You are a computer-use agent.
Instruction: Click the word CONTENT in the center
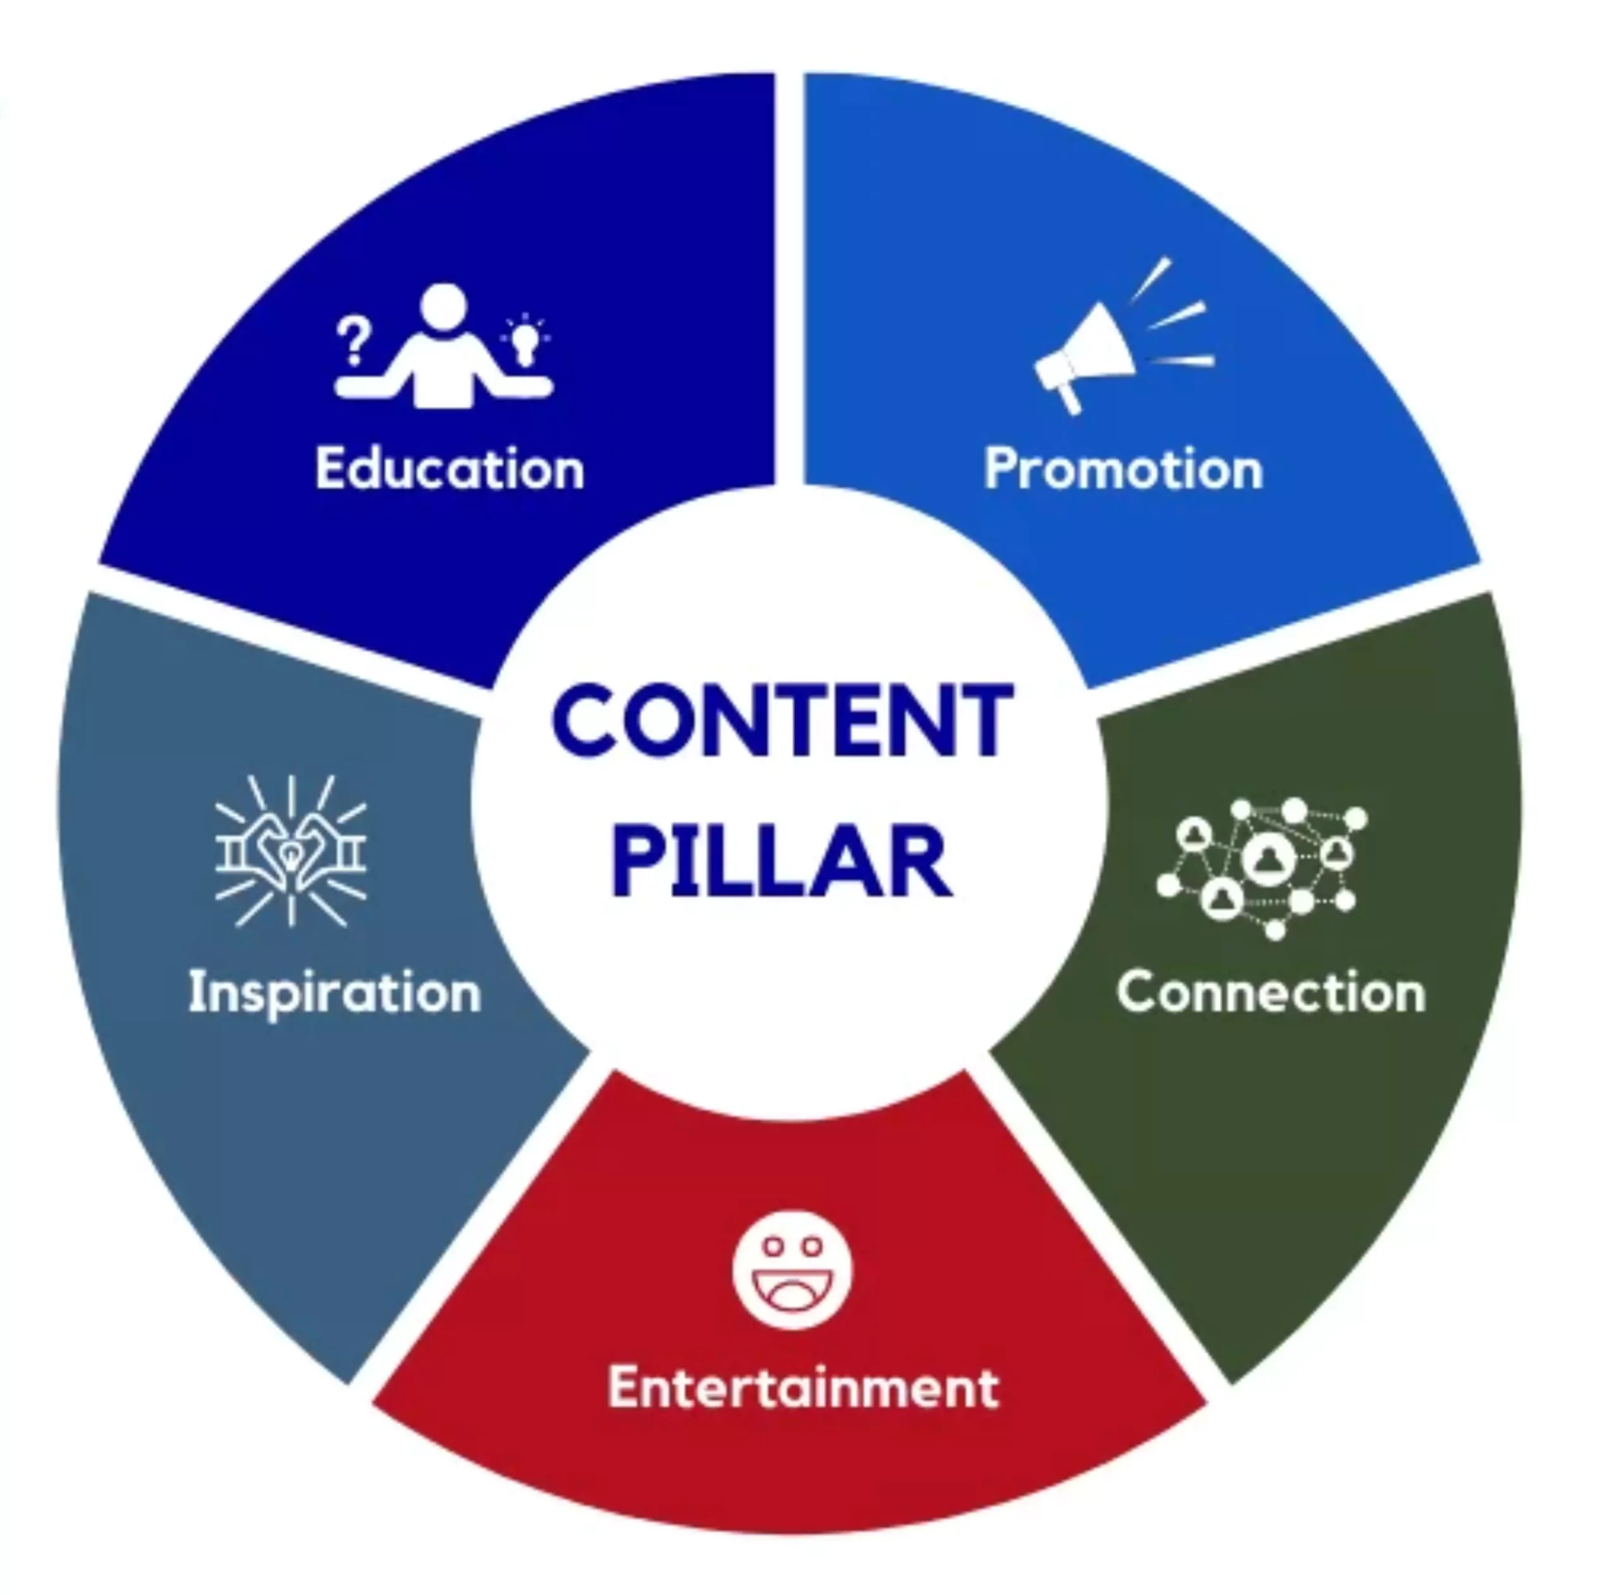(x=783, y=719)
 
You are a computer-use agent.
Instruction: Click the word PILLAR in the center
(x=783, y=861)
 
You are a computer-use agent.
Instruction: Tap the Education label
(x=450, y=468)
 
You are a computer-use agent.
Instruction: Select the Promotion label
(x=1123, y=468)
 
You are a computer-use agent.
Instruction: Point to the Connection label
(x=1271, y=993)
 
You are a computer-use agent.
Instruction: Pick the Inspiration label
(x=335, y=993)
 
